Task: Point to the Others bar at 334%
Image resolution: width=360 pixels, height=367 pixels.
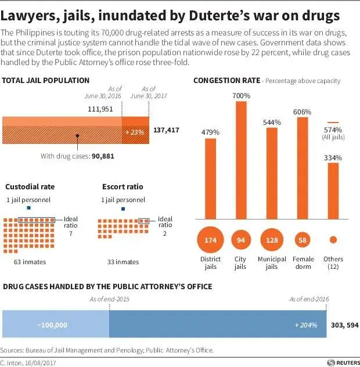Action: (333, 189)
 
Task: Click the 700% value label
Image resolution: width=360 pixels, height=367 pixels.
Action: (241, 95)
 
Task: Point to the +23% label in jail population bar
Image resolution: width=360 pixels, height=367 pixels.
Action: (134, 132)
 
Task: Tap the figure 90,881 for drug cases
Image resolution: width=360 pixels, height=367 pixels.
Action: (103, 156)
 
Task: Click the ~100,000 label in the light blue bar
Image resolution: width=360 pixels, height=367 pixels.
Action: (52, 325)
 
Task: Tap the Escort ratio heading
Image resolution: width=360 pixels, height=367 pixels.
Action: (123, 187)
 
